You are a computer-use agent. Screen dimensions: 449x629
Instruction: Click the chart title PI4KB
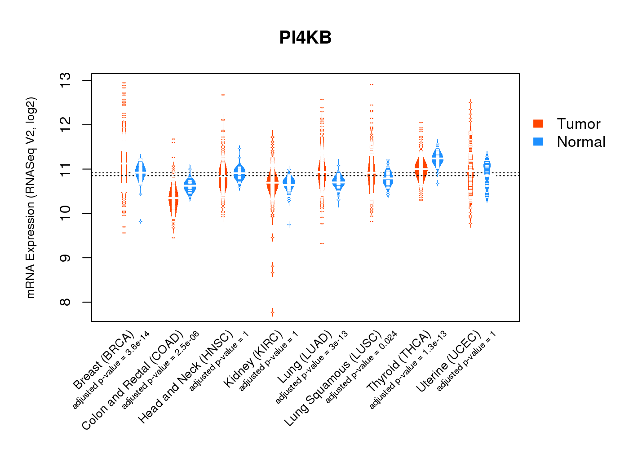pyautogui.click(x=305, y=38)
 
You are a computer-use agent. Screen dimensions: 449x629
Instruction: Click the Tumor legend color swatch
pyautogui.click(x=538, y=123)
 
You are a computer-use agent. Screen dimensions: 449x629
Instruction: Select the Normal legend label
pyautogui.click(x=581, y=142)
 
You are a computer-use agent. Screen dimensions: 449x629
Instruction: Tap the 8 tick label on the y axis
pyautogui.click(x=66, y=302)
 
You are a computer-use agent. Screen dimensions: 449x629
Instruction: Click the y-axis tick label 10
pyautogui.click(x=66, y=213)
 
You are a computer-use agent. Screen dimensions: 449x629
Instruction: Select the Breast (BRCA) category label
pyautogui.click(x=104, y=360)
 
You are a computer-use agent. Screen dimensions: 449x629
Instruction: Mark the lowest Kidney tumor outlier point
pyautogui.click(x=272, y=312)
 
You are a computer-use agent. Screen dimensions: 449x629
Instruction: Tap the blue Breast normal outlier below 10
pyautogui.click(x=140, y=221)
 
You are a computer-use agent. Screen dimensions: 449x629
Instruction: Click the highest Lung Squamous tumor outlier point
pyautogui.click(x=372, y=84)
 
